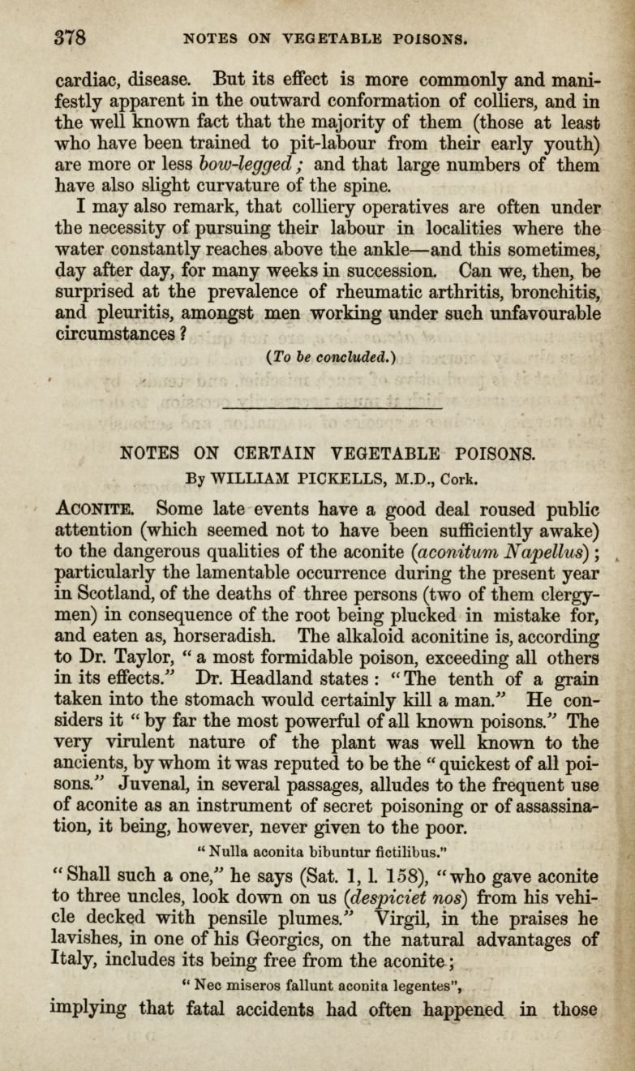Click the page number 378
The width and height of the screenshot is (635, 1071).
click(x=71, y=38)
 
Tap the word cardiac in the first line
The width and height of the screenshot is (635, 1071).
click(x=88, y=81)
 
